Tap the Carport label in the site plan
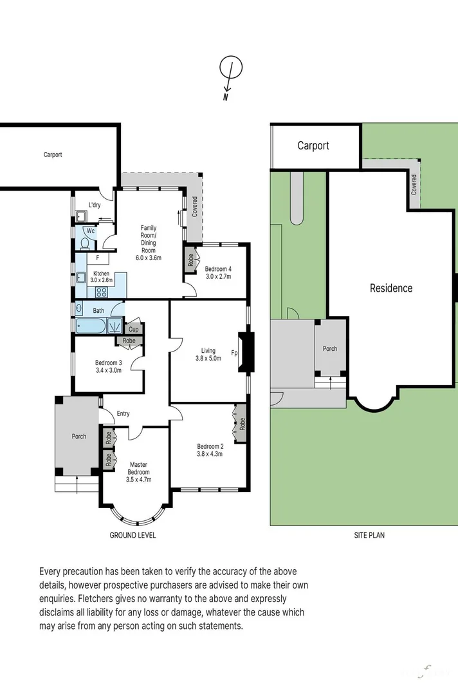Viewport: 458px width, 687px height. click(x=313, y=146)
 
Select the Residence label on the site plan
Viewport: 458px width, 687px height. click(x=390, y=288)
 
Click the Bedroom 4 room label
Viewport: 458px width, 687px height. click(x=217, y=268)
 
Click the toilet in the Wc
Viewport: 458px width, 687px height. click(x=84, y=243)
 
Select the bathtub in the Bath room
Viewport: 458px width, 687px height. click(x=91, y=326)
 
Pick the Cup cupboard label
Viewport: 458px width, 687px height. click(x=133, y=329)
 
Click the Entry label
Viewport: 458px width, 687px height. click(x=123, y=413)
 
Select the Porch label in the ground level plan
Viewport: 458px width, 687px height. click(x=78, y=437)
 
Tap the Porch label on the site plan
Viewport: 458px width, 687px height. click(x=329, y=349)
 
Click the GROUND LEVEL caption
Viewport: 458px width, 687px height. click(x=133, y=535)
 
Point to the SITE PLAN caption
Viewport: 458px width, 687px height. click(x=369, y=535)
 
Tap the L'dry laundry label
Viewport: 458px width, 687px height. click(x=95, y=205)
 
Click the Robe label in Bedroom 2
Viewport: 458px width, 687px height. click(x=242, y=424)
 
